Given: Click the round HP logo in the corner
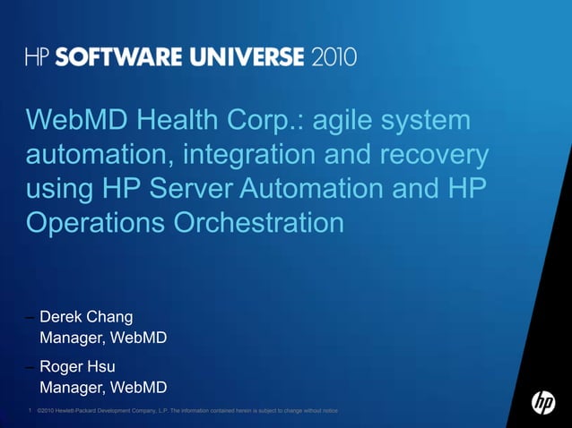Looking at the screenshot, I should (542, 403).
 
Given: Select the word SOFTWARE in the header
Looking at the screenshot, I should (112, 57).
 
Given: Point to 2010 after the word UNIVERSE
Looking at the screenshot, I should (334, 57).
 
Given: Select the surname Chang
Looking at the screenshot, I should (110, 317).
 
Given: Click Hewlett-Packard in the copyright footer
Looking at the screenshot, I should (82, 411).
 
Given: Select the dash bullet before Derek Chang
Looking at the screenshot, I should (30, 317).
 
